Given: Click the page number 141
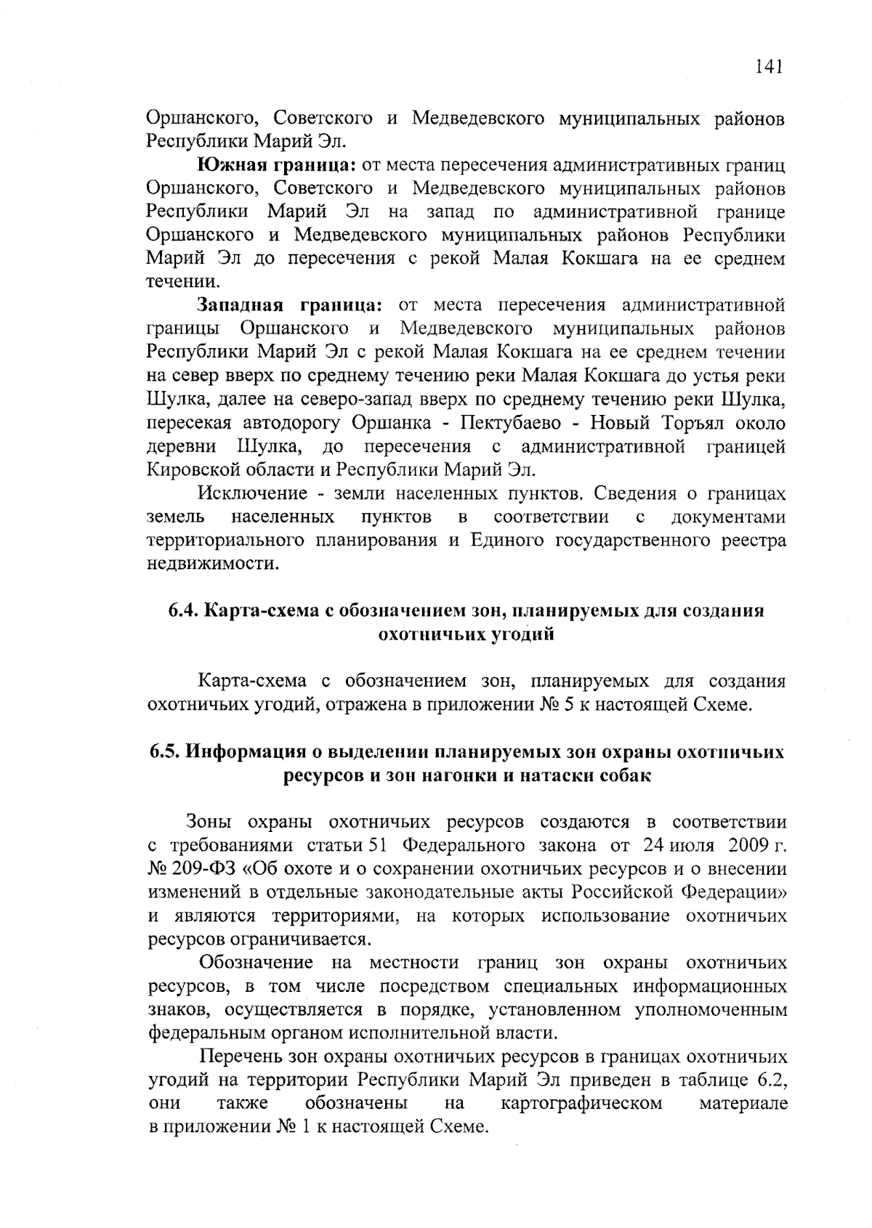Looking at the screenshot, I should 768,68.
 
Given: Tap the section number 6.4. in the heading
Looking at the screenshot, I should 183,611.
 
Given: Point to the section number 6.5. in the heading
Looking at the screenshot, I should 165,752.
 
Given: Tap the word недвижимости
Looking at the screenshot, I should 213,564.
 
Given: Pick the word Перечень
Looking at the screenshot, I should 241,1057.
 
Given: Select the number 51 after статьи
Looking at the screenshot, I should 381,846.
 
